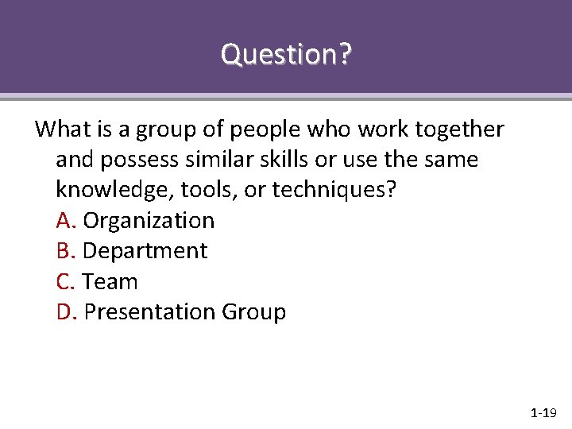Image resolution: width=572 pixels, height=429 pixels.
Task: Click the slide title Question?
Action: [x=286, y=55]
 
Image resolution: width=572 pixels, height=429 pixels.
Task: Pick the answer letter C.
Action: [x=65, y=282]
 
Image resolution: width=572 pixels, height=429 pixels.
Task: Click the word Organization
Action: [x=149, y=220]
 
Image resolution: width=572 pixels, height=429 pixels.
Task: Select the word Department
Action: [x=145, y=251]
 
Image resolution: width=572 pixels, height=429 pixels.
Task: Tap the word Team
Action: [x=110, y=282]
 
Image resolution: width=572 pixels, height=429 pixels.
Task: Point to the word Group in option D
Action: [x=253, y=312]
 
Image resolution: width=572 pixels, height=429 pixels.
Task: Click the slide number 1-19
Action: [x=543, y=413]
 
